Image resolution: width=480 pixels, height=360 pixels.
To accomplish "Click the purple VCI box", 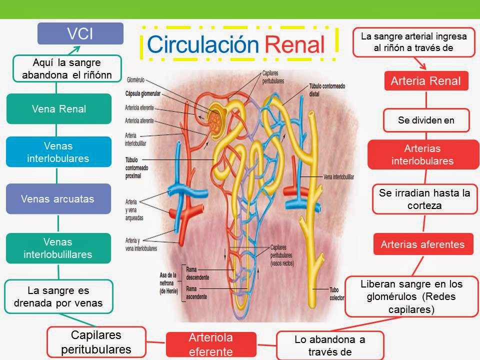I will click(x=80, y=33).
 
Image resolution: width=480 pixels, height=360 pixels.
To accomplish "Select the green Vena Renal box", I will click(x=58, y=108).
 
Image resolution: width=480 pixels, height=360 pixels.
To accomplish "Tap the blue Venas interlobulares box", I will click(x=58, y=152).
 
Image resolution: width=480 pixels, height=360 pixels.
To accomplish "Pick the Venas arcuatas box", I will click(x=58, y=198).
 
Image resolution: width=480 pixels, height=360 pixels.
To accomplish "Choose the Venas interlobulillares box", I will click(x=58, y=248).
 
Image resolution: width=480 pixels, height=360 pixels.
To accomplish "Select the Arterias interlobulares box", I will click(x=422, y=154).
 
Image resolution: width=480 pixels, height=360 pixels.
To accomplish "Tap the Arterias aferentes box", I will click(x=422, y=244).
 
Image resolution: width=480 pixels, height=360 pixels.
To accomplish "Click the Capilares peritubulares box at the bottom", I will click(x=96, y=341).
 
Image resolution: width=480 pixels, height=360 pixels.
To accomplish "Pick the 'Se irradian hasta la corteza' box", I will click(x=424, y=199).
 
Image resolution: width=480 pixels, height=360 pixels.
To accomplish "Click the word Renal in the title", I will click(x=294, y=44).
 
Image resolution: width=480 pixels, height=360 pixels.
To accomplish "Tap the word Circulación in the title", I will click(x=202, y=44).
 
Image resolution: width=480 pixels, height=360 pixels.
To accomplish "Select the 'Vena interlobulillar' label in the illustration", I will click(x=342, y=176).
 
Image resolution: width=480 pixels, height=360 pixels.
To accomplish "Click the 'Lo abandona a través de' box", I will click(x=329, y=345).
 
